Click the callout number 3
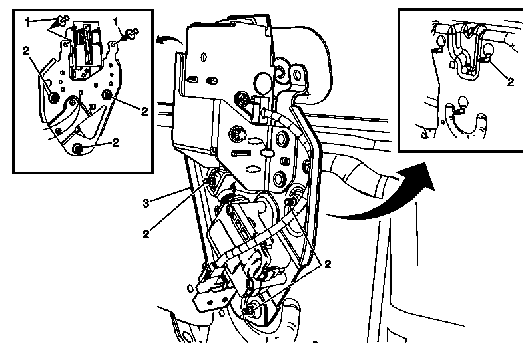tap(146, 204)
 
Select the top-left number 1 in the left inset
tap(27, 23)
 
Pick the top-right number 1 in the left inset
tap(116, 22)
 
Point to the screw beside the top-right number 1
tap(132, 33)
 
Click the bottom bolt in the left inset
tap(78, 148)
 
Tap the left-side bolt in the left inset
tap(54, 98)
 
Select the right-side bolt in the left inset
tap(107, 95)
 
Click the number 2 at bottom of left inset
tap(116, 142)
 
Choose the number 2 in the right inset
tap(510, 82)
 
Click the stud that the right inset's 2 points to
tap(488, 53)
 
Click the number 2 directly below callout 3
tap(146, 234)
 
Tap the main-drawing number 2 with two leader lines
tap(328, 264)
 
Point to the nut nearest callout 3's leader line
tap(210, 180)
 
